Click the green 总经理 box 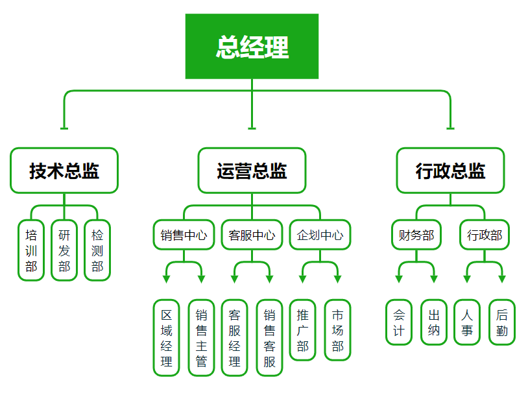252,47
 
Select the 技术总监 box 64,171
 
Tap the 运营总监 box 252,171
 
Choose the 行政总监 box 450,171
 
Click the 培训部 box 31,250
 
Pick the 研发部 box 64,250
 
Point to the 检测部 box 97,250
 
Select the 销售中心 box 184,235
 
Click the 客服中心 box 252,235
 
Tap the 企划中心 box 320,235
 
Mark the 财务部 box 416,235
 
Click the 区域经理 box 167,338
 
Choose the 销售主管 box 201,338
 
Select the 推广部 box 303,330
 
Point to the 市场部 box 337,330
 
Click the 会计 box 399,322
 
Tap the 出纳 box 434,322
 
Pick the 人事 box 467,322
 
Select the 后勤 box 502,322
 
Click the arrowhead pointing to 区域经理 167,279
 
